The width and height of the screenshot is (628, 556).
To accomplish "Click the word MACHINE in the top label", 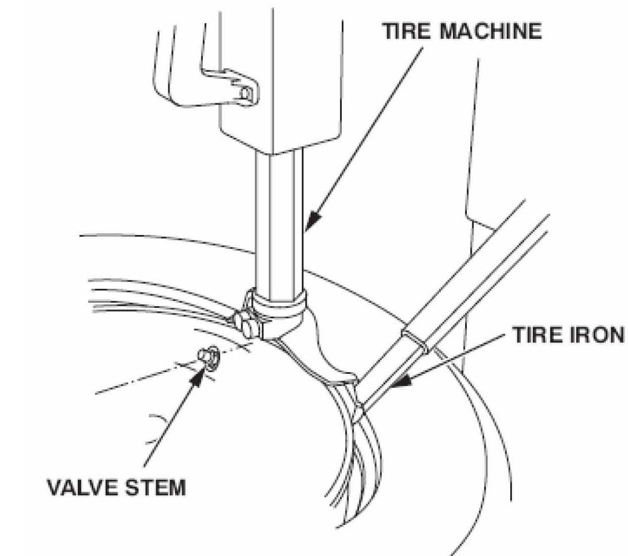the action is tap(491, 31).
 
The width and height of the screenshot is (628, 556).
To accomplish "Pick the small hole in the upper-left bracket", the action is tap(246, 93).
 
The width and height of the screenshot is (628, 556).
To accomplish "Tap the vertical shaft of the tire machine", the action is tap(279, 224).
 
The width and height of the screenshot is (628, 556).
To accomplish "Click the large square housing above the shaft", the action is tap(280, 80).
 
